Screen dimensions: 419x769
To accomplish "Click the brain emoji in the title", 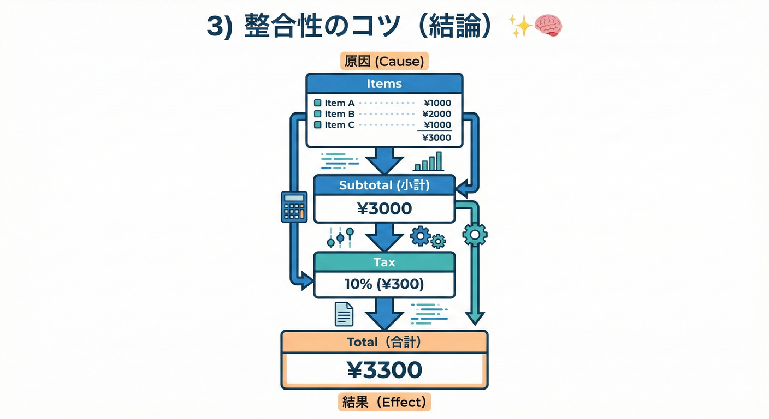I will [x=548, y=26].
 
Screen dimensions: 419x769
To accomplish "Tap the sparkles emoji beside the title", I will [x=520, y=26].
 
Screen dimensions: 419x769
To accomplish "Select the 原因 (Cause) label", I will [x=384, y=61].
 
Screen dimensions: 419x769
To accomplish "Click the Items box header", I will [x=384, y=83].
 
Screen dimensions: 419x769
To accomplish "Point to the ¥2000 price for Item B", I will [x=436, y=114].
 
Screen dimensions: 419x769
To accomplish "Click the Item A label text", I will [x=339, y=103].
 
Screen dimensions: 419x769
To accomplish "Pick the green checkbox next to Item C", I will [x=318, y=125].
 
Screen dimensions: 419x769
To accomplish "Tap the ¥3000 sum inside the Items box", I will [x=436, y=137].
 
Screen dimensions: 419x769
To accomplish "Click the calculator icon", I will [x=294, y=206].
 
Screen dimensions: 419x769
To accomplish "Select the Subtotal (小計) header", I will [x=384, y=185].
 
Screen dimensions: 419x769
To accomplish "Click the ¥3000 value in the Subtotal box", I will [x=384, y=208].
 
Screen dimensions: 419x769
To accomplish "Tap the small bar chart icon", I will [x=428, y=161].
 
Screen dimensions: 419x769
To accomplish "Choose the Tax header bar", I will [x=384, y=262].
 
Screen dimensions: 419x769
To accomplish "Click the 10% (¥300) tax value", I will [x=384, y=284].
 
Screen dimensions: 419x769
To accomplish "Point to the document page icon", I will [x=344, y=314].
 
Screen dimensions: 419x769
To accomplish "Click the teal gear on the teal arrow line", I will [x=475, y=235].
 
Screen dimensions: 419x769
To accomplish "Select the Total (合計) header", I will [x=384, y=342].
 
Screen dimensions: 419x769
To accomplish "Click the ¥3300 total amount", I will [x=384, y=370].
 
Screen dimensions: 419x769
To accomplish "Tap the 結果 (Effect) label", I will [x=384, y=402].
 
